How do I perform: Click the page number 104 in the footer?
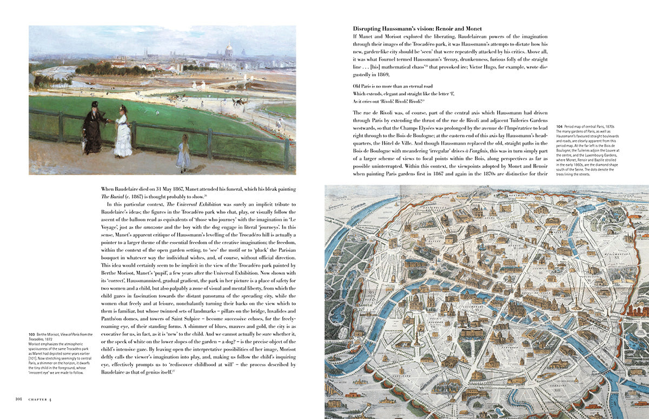pyautogui.click(x=18, y=400)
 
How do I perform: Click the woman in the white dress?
pyautogui.click(x=123, y=132)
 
